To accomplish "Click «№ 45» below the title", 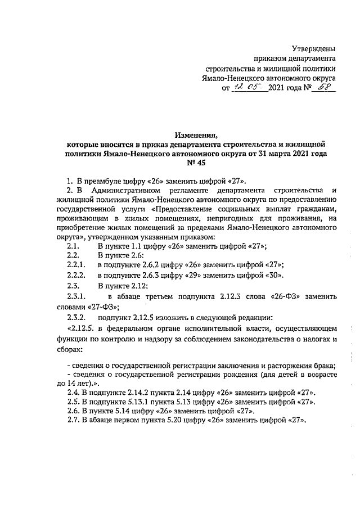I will pos(191,163).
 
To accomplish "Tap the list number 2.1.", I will pos(72,247).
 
